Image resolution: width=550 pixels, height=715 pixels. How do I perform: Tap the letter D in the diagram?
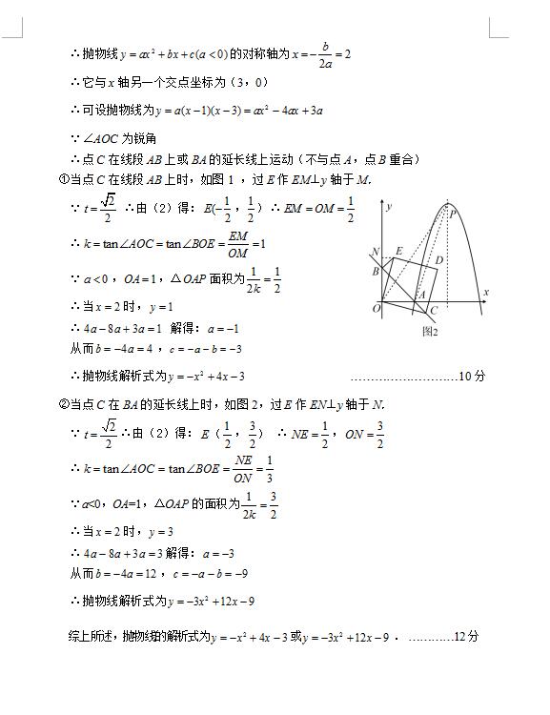pos(438,259)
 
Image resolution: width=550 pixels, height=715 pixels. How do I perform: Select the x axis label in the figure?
pos(485,292)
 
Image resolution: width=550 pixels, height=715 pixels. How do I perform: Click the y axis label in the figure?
pos(391,206)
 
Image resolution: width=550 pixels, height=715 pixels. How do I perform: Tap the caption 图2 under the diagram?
pos(429,331)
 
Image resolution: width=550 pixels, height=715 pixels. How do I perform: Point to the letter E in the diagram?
pos(398,251)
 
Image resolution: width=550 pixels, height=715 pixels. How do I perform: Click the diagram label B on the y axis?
pos(376,272)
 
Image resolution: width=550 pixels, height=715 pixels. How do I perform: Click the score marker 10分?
pos(473,376)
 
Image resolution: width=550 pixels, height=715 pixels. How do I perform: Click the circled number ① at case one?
pos(64,181)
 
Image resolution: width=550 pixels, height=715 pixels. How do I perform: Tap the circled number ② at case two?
pos(64,404)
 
